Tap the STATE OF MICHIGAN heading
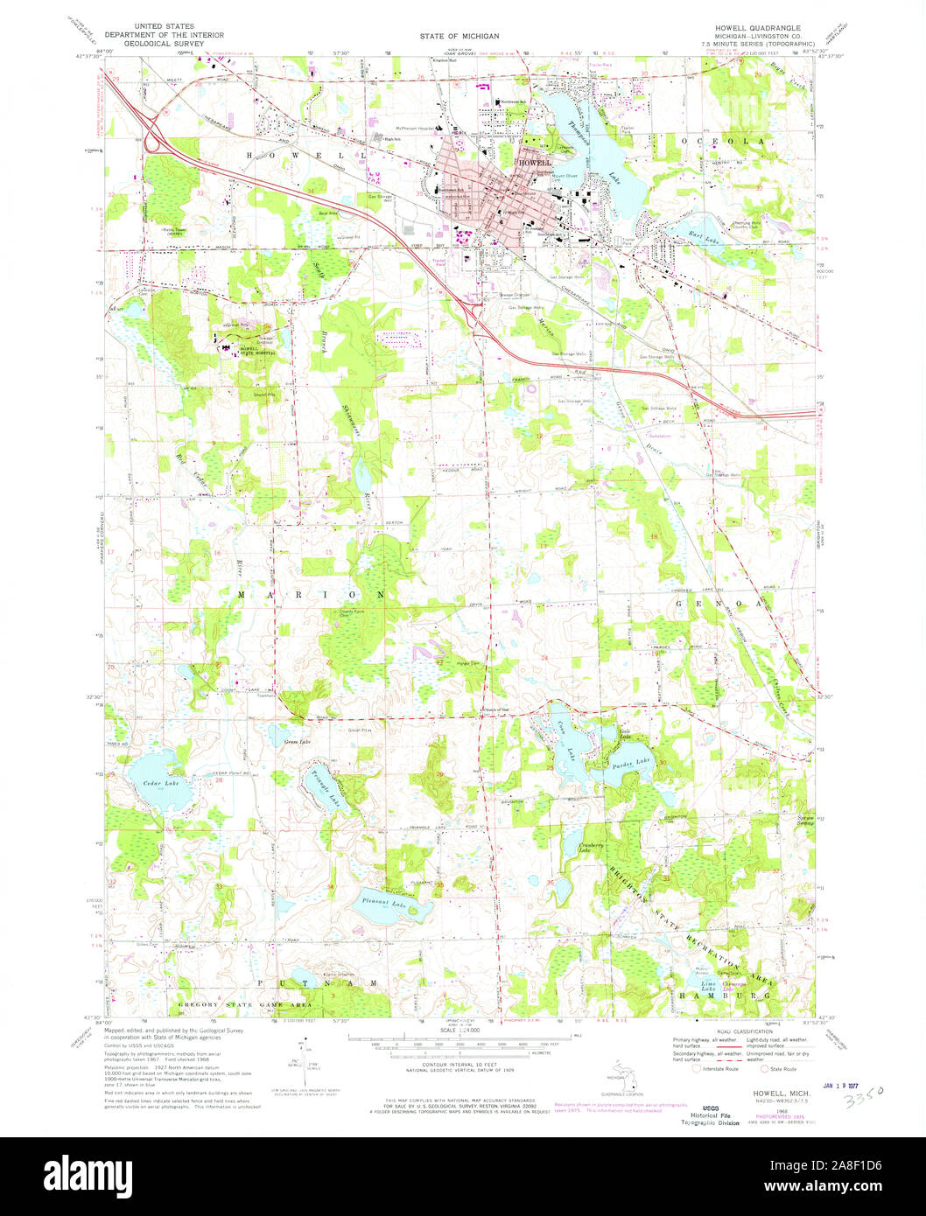459,36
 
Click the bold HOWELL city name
535,163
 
